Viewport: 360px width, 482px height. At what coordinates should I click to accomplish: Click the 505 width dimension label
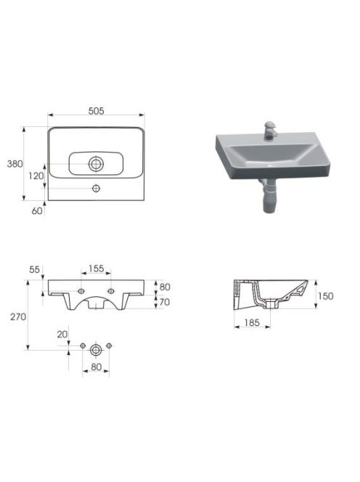(x=97, y=111)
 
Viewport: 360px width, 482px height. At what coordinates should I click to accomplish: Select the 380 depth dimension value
(x=15, y=164)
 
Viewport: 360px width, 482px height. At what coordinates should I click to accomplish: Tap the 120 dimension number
(x=36, y=176)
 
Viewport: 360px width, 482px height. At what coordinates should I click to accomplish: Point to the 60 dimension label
(x=37, y=211)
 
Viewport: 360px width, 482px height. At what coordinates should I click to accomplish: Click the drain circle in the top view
(x=96, y=164)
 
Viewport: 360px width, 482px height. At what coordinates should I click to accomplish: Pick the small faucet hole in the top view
(x=97, y=188)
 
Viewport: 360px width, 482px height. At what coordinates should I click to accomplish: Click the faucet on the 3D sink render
(x=271, y=131)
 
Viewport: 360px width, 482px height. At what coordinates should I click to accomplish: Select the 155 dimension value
(x=97, y=269)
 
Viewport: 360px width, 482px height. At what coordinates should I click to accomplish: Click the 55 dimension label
(x=34, y=269)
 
